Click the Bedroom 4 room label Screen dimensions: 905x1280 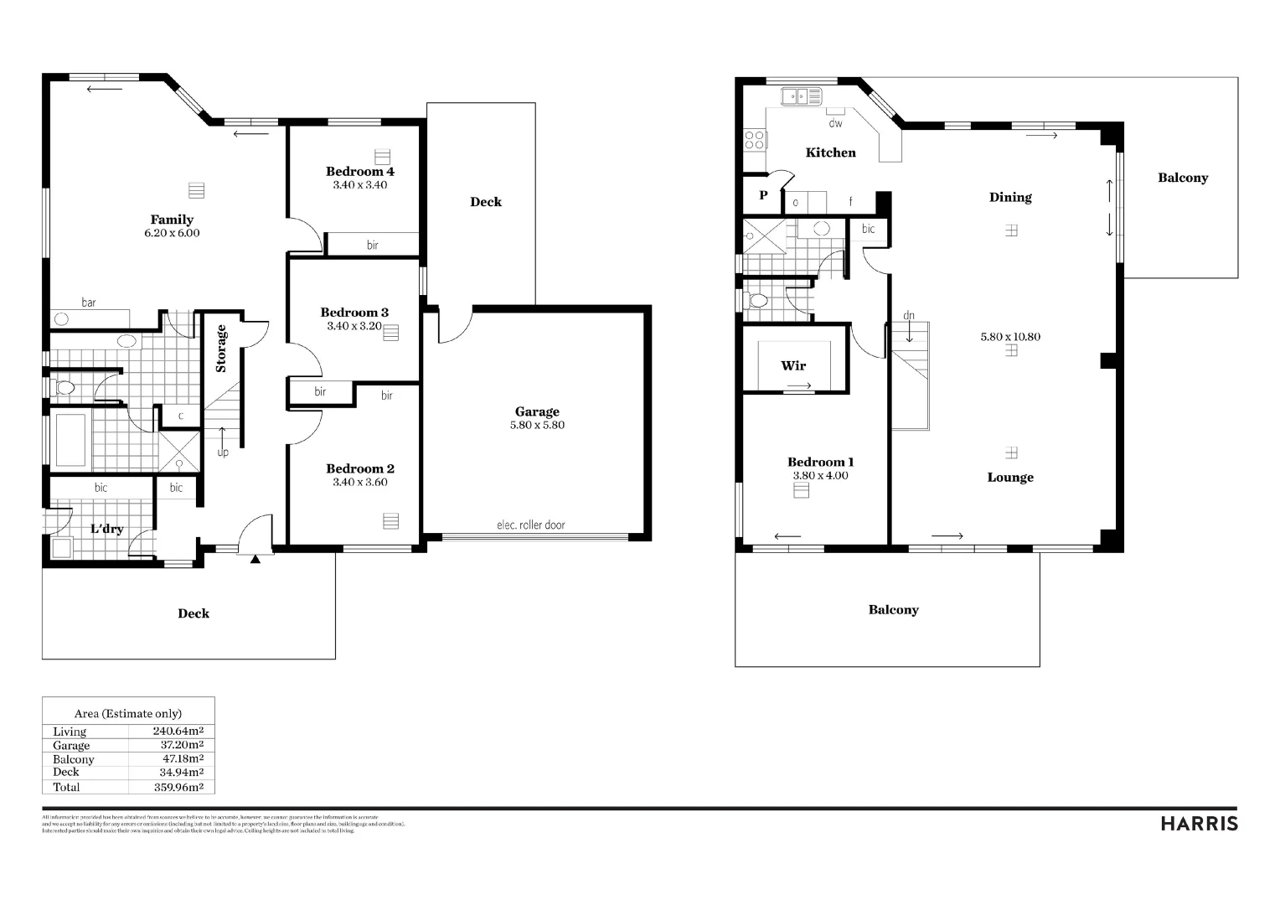click(x=359, y=171)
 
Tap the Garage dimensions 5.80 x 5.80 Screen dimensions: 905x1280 click(x=537, y=425)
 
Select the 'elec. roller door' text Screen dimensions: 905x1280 click(x=530, y=525)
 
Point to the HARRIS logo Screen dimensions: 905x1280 click(x=1199, y=824)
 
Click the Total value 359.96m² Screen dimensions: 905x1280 click(x=178, y=787)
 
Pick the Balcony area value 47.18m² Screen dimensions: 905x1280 click(x=183, y=758)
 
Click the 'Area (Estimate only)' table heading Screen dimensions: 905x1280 click(x=127, y=713)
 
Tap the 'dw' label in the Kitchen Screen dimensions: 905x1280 click(x=835, y=123)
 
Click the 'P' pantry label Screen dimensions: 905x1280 click(x=763, y=195)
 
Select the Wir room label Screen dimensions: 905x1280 click(x=792, y=365)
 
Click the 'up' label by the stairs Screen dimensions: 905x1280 click(x=223, y=452)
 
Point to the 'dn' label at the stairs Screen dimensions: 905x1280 click(x=909, y=316)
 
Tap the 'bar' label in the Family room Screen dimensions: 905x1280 click(x=88, y=302)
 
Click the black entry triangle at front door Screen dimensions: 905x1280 click(x=255, y=559)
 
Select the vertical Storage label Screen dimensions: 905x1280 click(x=221, y=348)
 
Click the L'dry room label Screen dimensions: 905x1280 click(x=106, y=528)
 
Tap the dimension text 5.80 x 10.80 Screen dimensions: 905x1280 click(x=1010, y=337)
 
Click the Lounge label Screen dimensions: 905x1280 click(x=1009, y=477)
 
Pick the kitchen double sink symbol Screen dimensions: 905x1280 click(x=802, y=97)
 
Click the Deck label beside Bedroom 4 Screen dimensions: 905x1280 click(x=485, y=201)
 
